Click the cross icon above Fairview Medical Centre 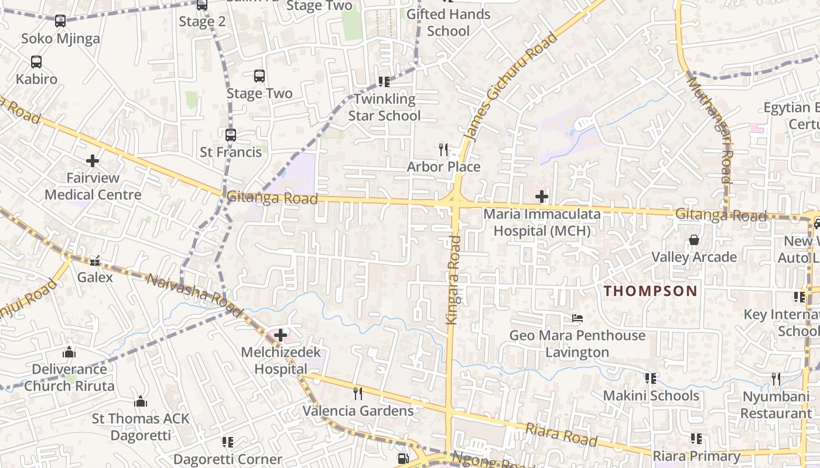[92, 160]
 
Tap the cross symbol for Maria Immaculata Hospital [542, 196]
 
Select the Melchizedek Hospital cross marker [281, 335]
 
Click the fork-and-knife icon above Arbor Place [443, 150]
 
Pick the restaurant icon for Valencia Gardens [358, 393]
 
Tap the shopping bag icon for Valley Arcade [694, 240]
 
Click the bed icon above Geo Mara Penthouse [578, 318]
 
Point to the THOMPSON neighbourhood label [651, 291]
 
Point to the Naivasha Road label [194, 295]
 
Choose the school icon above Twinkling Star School [384, 82]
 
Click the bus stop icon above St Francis [231, 135]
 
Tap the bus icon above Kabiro [36, 62]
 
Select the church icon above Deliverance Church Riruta [69, 352]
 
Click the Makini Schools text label [651, 395]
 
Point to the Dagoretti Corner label [228, 459]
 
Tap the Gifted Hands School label [448, 22]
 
